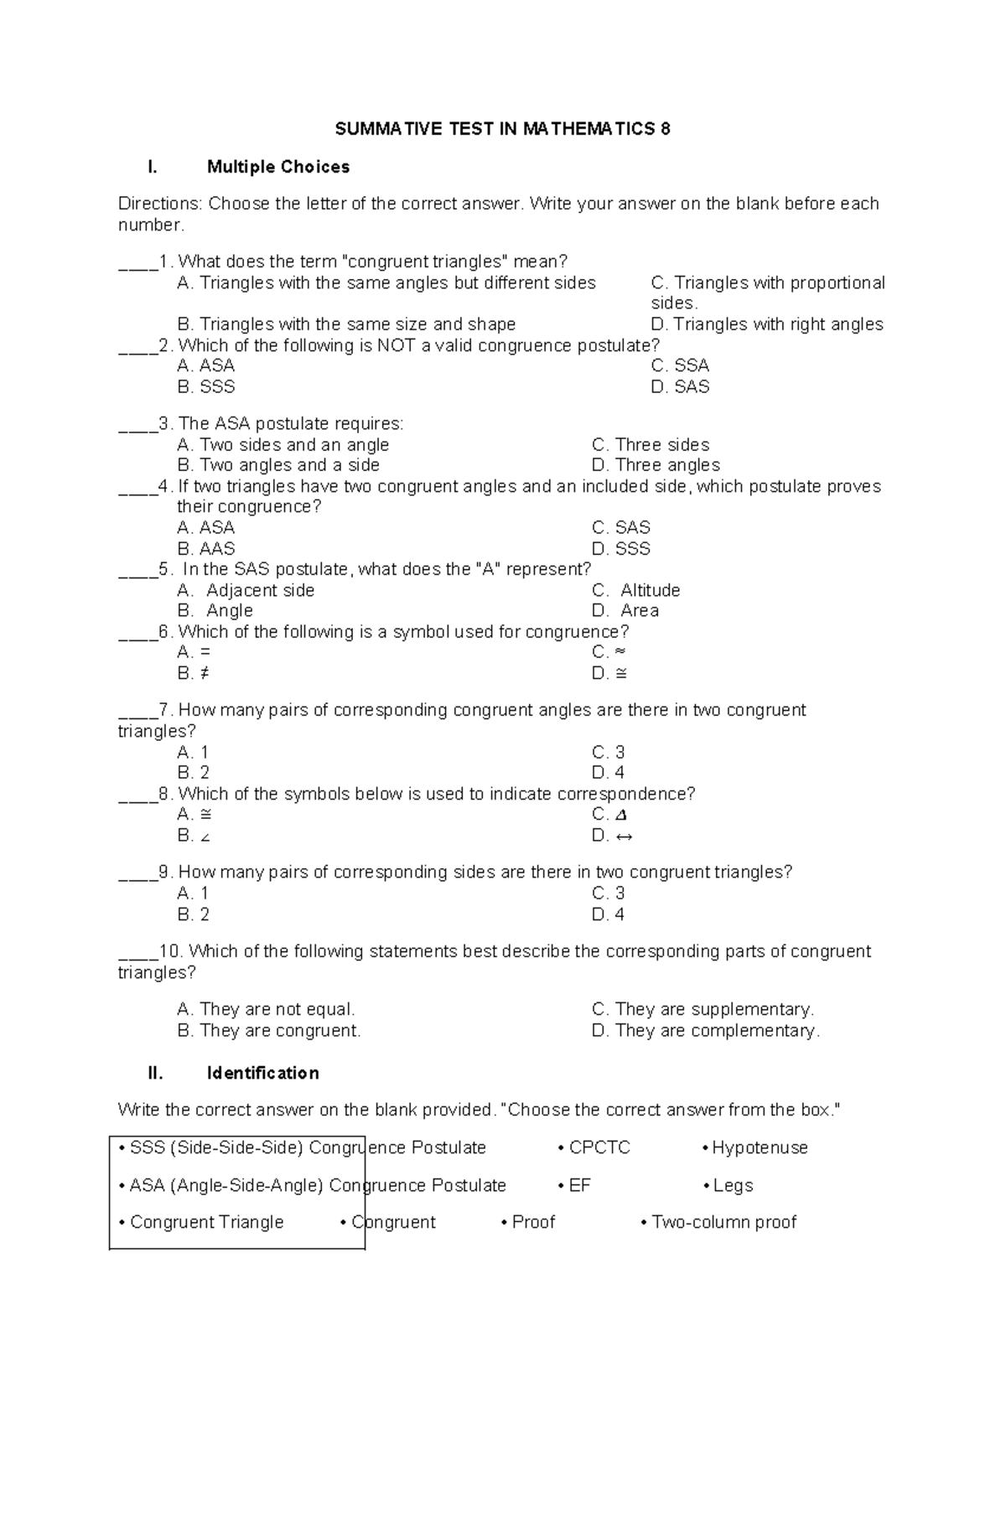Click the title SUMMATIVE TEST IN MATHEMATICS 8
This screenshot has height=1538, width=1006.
(502, 129)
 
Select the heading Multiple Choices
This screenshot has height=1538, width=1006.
(277, 167)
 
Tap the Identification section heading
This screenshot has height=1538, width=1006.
(262, 1073)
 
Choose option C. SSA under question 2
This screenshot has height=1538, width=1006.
(680, 365)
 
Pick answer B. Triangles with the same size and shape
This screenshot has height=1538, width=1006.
(346, 324)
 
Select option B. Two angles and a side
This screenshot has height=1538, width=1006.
(278, 465)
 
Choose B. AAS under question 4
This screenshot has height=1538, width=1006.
(206, 549)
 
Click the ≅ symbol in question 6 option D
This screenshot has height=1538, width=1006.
(621, 673)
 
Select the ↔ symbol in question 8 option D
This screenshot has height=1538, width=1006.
(624, 836)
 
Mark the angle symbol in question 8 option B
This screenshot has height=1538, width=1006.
(205, 836)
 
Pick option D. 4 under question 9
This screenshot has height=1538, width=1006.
(608, 914)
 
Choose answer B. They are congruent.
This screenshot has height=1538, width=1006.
(269, 1031)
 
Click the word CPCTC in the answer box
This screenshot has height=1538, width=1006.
(599, 1147)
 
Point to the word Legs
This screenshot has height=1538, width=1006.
(733, 1185)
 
